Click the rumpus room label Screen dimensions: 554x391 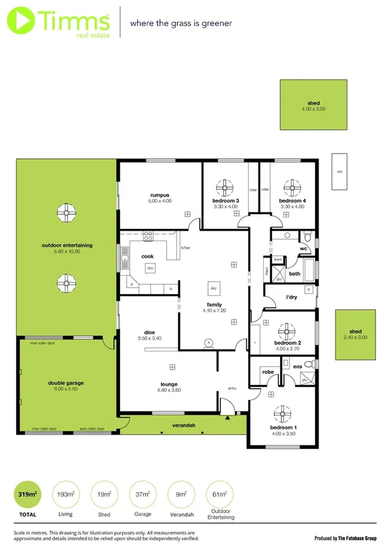click(x=159, y=195)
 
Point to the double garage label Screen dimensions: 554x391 click(x=66, y=383)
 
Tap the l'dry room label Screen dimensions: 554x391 click(x=291, y=298)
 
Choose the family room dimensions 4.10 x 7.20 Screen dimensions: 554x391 click(x=213, y=311)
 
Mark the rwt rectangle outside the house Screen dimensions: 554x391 click(x=339, y=171)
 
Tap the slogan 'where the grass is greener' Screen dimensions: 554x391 click(x=181, y=23)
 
